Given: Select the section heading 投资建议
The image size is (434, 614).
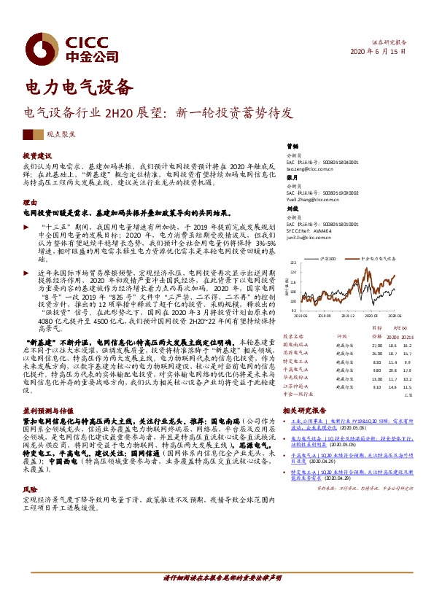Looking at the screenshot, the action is [37, 155].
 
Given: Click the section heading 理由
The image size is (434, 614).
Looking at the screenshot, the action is [30, 201].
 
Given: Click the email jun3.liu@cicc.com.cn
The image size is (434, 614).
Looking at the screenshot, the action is [305, 237].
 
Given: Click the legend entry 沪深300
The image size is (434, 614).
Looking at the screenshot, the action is [328, 259].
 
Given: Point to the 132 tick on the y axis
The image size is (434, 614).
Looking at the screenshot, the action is [293, 260].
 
